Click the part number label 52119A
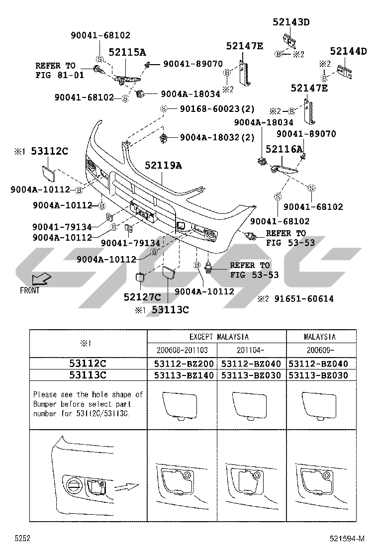[163, 166]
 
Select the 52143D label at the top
[291, 22]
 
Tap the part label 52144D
[348, 51]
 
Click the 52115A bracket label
[127, 52]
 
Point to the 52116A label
[284, 149]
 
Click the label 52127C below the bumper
[142, 297]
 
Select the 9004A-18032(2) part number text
[217, 137]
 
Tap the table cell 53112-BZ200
[182, 364]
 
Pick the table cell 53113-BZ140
[182, 375]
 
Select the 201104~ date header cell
[252, 350]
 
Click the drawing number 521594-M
[346, 539]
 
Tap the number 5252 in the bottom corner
[23, 539]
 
